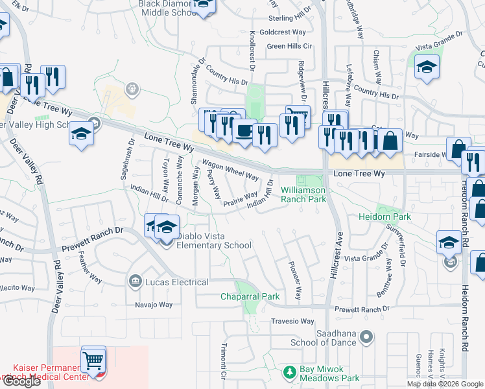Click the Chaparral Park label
pos(250,297)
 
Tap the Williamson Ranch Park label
pos(303,194)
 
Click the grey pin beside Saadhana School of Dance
pos(366,336)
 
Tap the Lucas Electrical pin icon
pos(135,281)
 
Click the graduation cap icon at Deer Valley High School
pos(81,133)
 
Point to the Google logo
pos(21,381)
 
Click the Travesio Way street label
pos(292,321)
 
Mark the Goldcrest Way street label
pos(282,32)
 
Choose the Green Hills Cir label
pos(290,46)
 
